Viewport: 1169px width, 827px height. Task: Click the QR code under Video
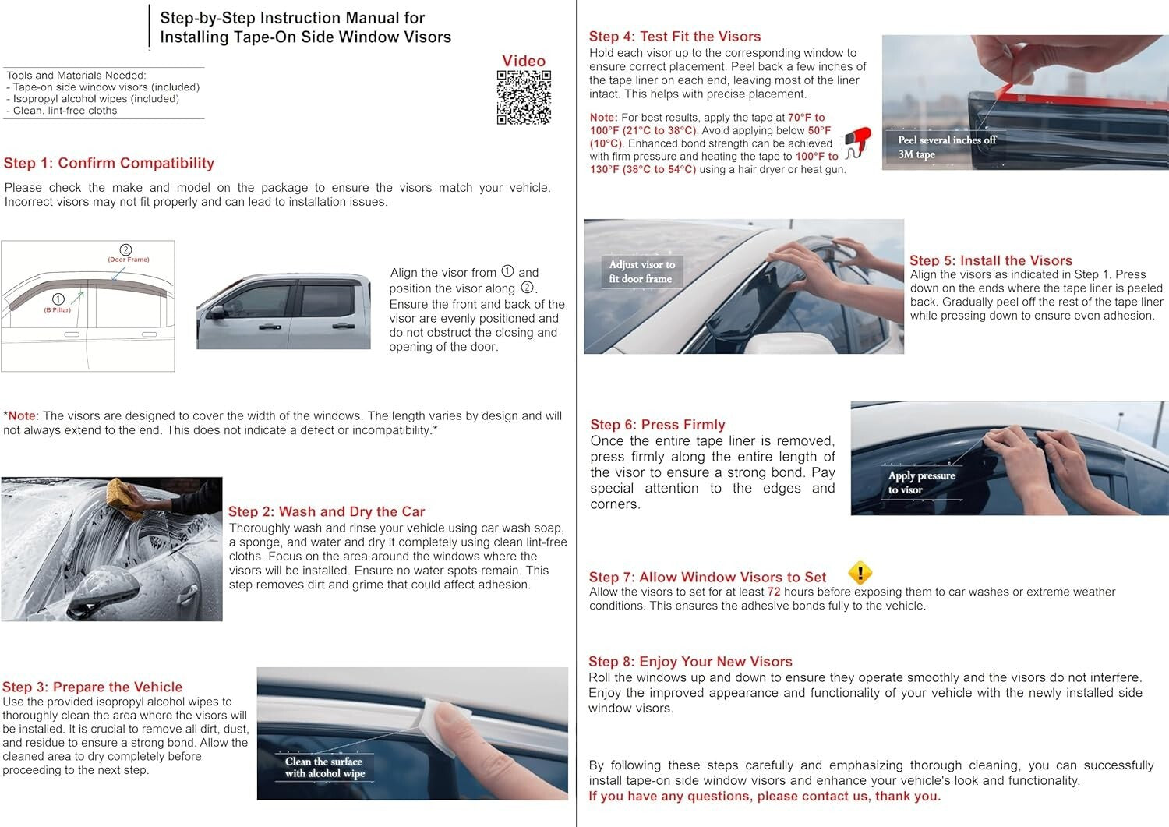click(524, 97)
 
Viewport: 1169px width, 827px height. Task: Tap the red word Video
click(524, 61)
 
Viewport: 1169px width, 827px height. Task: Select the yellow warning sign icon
click(860, 573)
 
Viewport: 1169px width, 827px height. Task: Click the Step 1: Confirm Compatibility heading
click(109, 163)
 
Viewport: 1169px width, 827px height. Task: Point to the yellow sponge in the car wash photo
click(125, 497)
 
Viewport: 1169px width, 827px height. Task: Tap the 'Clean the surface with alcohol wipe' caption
click(324, 767)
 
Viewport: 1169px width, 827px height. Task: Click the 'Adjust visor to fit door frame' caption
click(641, 271)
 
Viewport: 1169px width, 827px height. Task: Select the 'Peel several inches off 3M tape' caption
click(946, 147)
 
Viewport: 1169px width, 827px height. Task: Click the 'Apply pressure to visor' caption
click(921, 482)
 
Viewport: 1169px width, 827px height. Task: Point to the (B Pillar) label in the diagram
click(57, 309)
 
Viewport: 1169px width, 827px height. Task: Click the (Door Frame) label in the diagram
click(128, 259)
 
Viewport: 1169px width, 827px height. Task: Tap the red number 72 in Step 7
click(774, 592)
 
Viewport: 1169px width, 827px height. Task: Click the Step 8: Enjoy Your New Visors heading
click(690, 661)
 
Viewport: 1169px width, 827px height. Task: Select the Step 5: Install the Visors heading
click(991, 260)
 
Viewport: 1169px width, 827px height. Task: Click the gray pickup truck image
click(284, 311)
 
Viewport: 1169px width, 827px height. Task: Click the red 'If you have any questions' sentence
click(765, 796)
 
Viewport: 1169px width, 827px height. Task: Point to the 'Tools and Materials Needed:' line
click(76, 76)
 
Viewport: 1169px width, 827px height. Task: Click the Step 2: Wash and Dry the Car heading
click(327, 511)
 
